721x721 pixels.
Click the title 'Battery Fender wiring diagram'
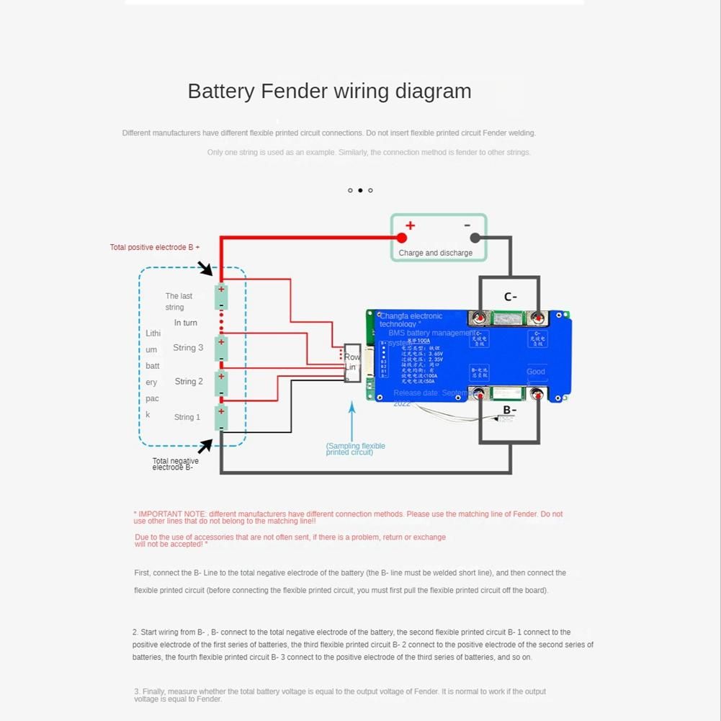pyautogui.click(x=329, y=91)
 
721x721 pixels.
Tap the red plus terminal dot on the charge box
pyautogui.click(x=402, y=238)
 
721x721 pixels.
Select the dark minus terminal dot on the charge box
pyautogui.click(x=475, y=238)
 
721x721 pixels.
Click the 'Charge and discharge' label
pyautogui.click(x=435, y=253)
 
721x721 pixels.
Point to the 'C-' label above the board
pyautogui.click(x=510, y=297)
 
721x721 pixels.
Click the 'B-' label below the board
pyautogui.click(x=509, y=411)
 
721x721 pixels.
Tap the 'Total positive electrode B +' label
pyautogui.click(x=155, y=247)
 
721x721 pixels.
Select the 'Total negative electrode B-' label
pyautogui.click(x=175, y=465)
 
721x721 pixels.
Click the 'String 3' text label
pyautogui.click(x=188, y=348)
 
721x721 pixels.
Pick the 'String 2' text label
pyautogui.click(x=189, y=382)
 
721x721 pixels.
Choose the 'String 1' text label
pyautogui.click(x=187, y=417)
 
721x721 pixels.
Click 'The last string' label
pyautogui.click(x=178, y=301)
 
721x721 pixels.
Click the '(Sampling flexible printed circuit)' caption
pyautogui.click(x=355, y=449)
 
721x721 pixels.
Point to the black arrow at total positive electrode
pyautogui.click(x=206, y=269)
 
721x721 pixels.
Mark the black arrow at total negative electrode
pyautogui.click(x=205, y=446)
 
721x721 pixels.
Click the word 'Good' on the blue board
pyautogui.click(x=536, y=372)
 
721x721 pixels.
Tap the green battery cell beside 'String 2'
pyautogui.click(x=222, y=382)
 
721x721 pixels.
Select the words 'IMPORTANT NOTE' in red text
pyautogui.click(x=165, y=514)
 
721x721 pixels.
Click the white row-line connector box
pyautogui.click(x=352, y=362)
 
